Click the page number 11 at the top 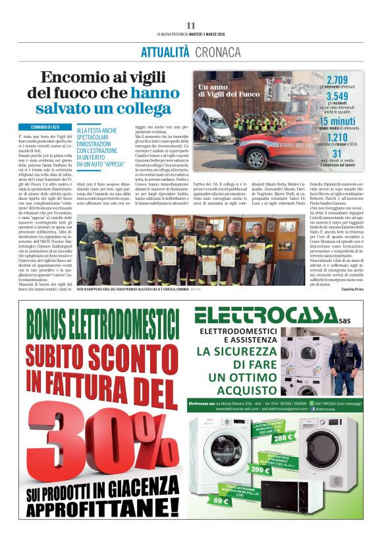pyautogui.click(x=191, y=25)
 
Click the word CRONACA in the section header pyautogui.click(x=217, y=52)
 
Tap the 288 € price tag pyautogui.click(x=284, y=436)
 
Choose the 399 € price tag pyautogui.click(x=260, y=470)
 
